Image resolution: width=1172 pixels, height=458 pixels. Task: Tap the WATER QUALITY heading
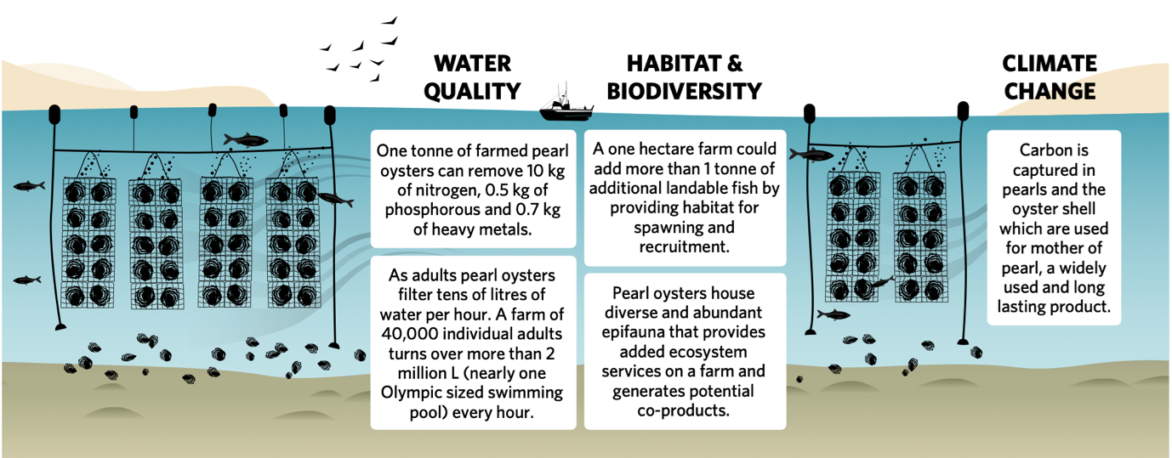pos(472,77)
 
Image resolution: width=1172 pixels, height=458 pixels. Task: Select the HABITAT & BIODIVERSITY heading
pos(685,77)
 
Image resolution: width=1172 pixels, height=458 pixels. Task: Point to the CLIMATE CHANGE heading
pos(1050,77)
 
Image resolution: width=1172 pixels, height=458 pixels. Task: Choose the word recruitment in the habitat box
pos(685,246)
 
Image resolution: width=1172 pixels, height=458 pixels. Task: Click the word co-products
pos(683,411)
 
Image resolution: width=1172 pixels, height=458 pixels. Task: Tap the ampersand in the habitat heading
pos(735,63)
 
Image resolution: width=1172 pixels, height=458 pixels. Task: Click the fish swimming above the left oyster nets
pos(246,140)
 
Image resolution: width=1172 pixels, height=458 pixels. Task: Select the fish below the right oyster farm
pos(833,314)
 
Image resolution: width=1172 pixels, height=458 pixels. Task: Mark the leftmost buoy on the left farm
pos(54,115)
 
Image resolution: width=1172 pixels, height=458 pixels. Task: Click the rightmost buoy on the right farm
pos(963,110)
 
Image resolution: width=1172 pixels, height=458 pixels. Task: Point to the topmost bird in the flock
pos(390,21)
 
